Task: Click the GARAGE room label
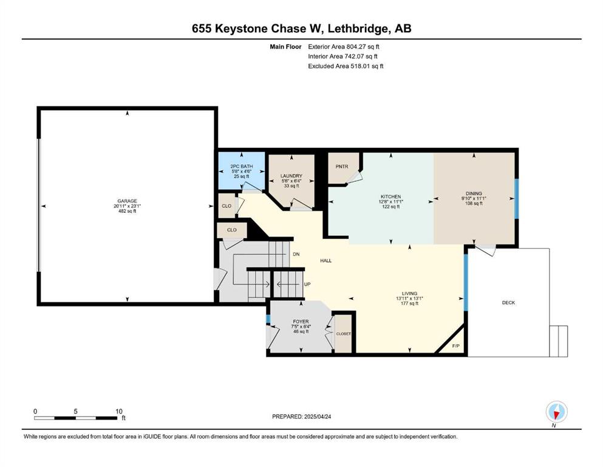[128, 201]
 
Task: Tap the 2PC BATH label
[242, 167]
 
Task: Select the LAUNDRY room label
[291, 176]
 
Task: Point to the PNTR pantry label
[342, 167]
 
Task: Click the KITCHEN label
[391, 197]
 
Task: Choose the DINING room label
[474, 193]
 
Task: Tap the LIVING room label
[409, 293]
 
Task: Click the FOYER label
[301, 322]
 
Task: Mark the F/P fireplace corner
[455, 346]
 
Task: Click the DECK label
[508, 303]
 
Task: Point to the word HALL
[325, 261]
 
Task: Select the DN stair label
[296, 254]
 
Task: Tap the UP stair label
[307, 285]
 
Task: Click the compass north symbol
[556, 412]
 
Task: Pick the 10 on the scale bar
[119, 411]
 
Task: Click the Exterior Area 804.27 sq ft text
[344, 47]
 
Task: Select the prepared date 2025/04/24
[317, 417]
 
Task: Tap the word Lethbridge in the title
[357, 29]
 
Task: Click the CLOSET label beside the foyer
[344, 334]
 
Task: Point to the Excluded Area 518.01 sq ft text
[346, 66]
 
